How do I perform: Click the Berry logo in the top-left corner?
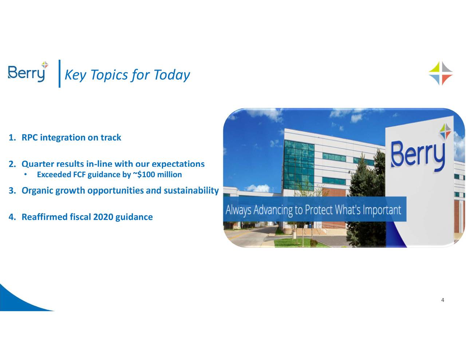[28, 72]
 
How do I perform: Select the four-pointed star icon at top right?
[441, 73]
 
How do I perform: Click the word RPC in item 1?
[30, 138]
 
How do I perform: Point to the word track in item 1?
[111, 138]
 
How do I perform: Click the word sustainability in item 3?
[191, 191]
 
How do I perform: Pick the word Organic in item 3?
[37, 191]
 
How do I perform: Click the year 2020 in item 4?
[103, 217]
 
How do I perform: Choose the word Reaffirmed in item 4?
[44, 217]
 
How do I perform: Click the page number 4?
[442, 300]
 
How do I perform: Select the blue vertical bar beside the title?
[59, 74]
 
